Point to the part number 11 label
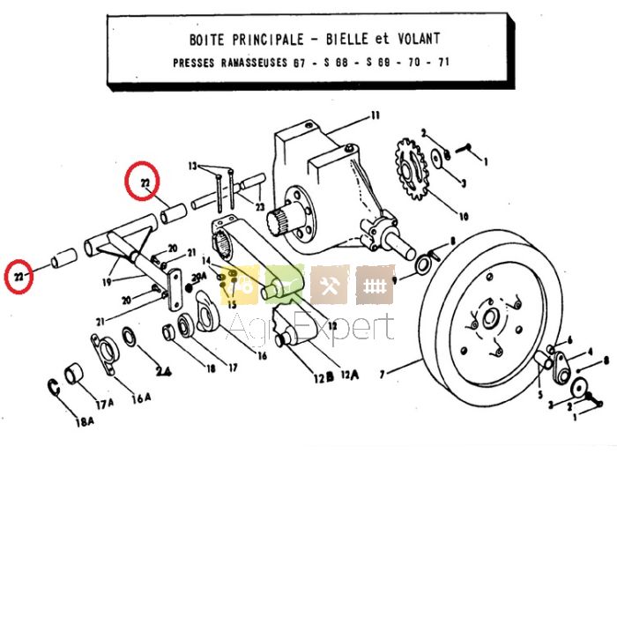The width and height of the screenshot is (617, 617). click(375, 115)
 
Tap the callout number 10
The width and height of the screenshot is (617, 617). click(464, 215)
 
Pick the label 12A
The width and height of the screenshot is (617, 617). click(352, 374)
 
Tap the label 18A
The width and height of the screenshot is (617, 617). click(85, 422)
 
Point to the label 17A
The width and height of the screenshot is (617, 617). click(106, 404)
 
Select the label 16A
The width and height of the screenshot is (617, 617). click(141, 397)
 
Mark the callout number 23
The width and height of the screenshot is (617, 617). click(260, 206)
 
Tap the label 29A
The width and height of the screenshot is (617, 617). click(198, 276)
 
